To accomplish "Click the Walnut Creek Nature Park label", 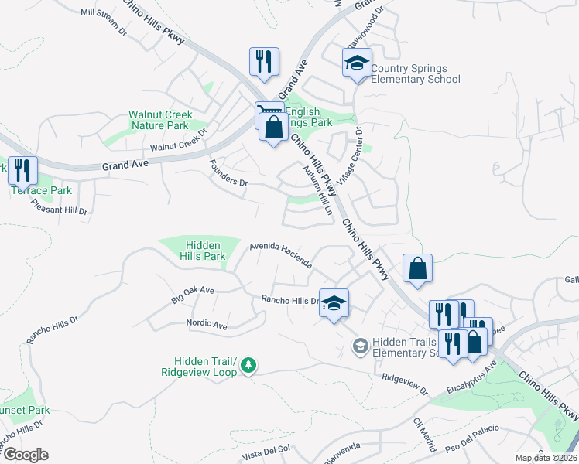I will pos(159,120).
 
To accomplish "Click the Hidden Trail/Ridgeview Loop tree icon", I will pos(248,364).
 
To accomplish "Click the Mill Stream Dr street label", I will pos(103,22).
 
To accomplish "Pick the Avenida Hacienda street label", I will pos(280,254).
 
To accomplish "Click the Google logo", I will pos(25,455).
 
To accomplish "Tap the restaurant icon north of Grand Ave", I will pos(264,63).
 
